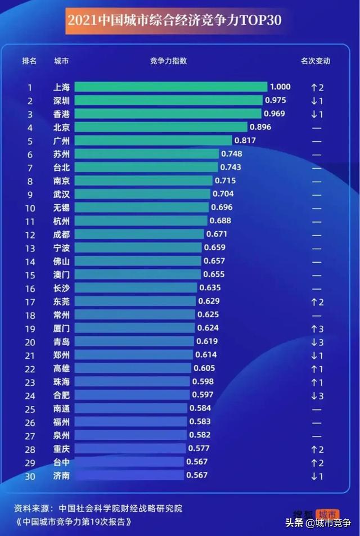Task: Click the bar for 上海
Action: (x=170, y=87)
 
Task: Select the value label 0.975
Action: (x=276, y=100)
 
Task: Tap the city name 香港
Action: (x=61, y=114)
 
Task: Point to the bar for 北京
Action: (x=160, y=127)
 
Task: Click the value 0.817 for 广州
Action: (x=245, y=141)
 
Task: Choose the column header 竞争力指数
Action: (x=168, y=61)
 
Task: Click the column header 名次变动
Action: (x=316, y=61)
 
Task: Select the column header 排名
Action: (x=29, y=61)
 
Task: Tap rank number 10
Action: (x=30, y=208)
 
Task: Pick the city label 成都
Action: (x=61, y=235)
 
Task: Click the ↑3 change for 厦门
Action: (x=317, y=328)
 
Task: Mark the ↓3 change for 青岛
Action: (x=317, y=341)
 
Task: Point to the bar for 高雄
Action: (x=133, y=368)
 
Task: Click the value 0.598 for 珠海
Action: (x=203, y=381)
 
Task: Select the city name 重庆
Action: (x=61, y=449)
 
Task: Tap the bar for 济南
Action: (x=129, y=475)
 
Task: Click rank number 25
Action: (x=30, y=409)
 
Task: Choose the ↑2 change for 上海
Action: (x=317, y=87)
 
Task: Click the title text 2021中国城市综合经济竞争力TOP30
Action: (x=174, y=21)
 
